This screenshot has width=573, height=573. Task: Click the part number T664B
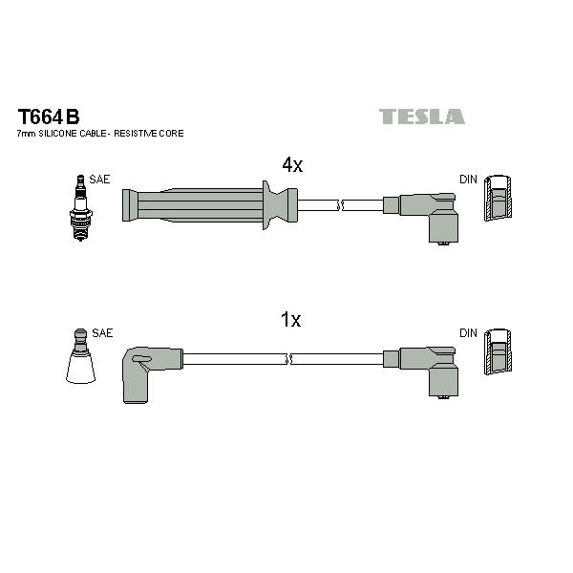[x=49, y=117]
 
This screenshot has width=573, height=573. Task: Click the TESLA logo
[x=422, y=117]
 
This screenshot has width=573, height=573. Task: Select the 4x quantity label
[x=292, y=165]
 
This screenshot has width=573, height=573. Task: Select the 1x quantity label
[x=291, y=319]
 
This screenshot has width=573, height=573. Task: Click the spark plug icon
[x=81, y=208]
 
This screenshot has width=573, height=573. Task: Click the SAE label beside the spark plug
[x=99, y=180]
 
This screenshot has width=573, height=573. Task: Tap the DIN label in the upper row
[x=468, y=180]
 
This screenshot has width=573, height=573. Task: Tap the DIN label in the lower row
[x=468, y=333]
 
